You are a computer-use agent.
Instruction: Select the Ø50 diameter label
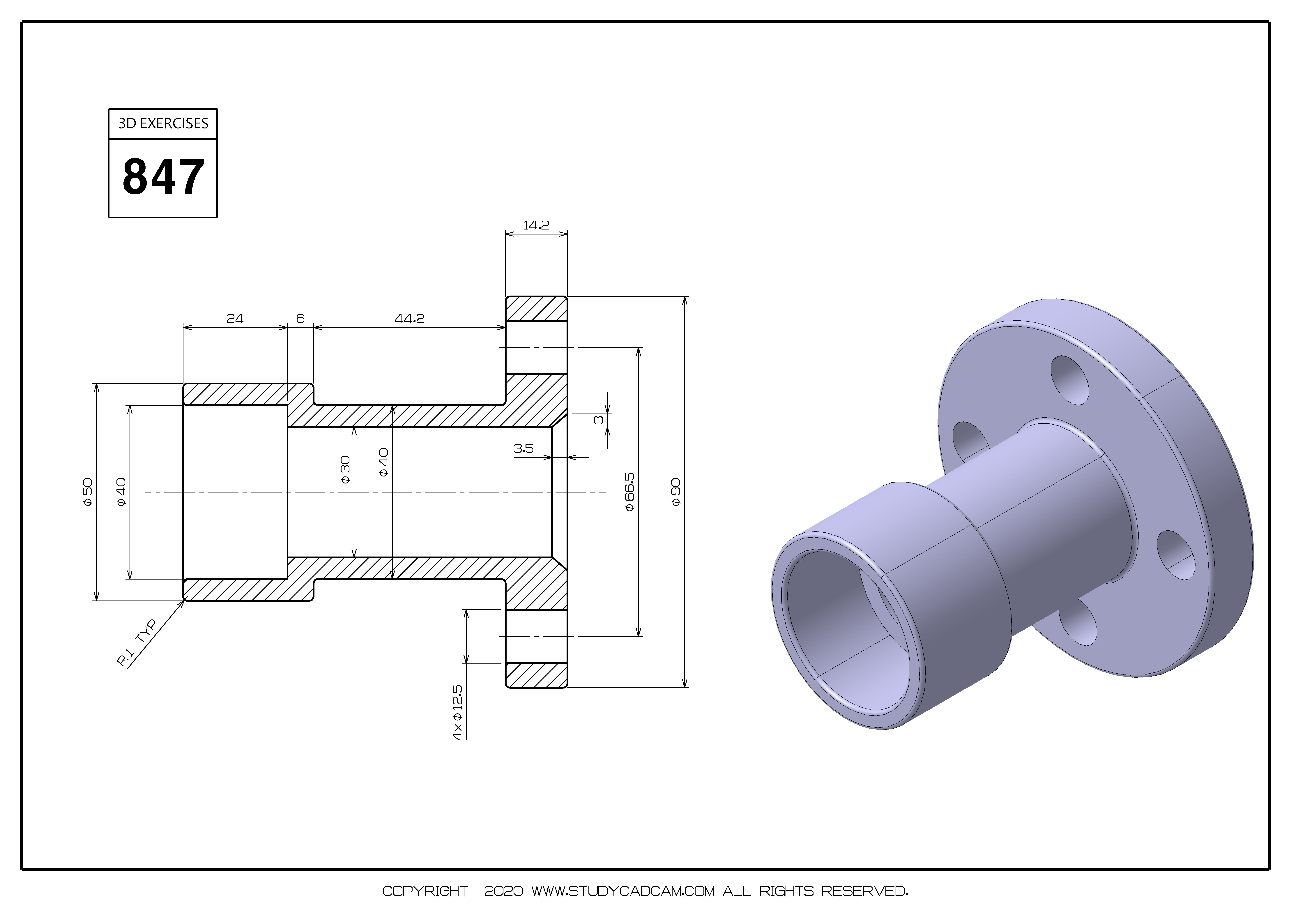(88, 492)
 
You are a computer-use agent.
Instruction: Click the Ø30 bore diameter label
(345, 470)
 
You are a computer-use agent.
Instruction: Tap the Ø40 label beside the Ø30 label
(383, 462)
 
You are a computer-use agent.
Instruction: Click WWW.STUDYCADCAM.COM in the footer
(623, 891)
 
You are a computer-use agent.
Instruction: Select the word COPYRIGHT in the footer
(425, 891)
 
